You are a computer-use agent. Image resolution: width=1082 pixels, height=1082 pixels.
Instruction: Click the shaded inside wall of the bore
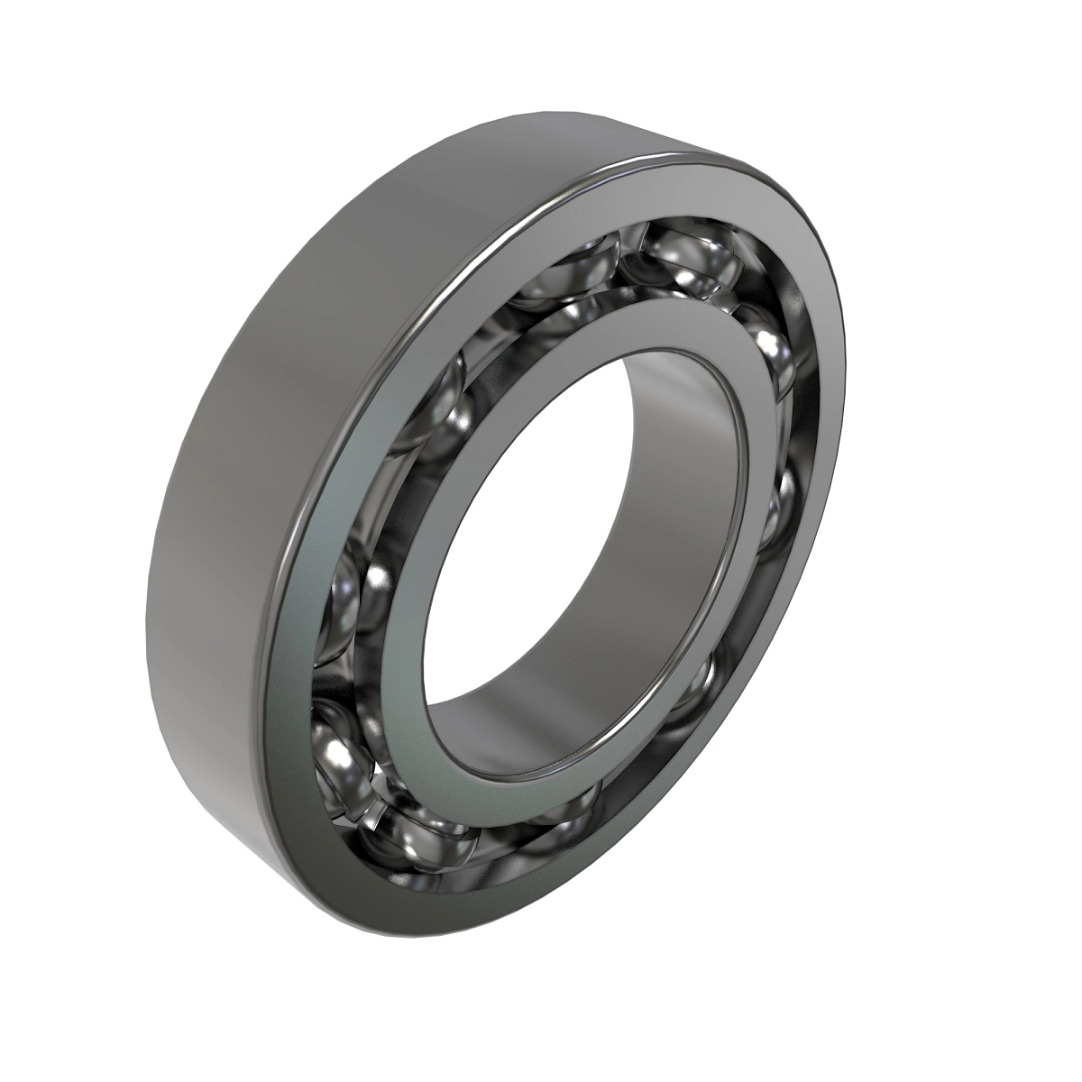(x=685, y=451)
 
